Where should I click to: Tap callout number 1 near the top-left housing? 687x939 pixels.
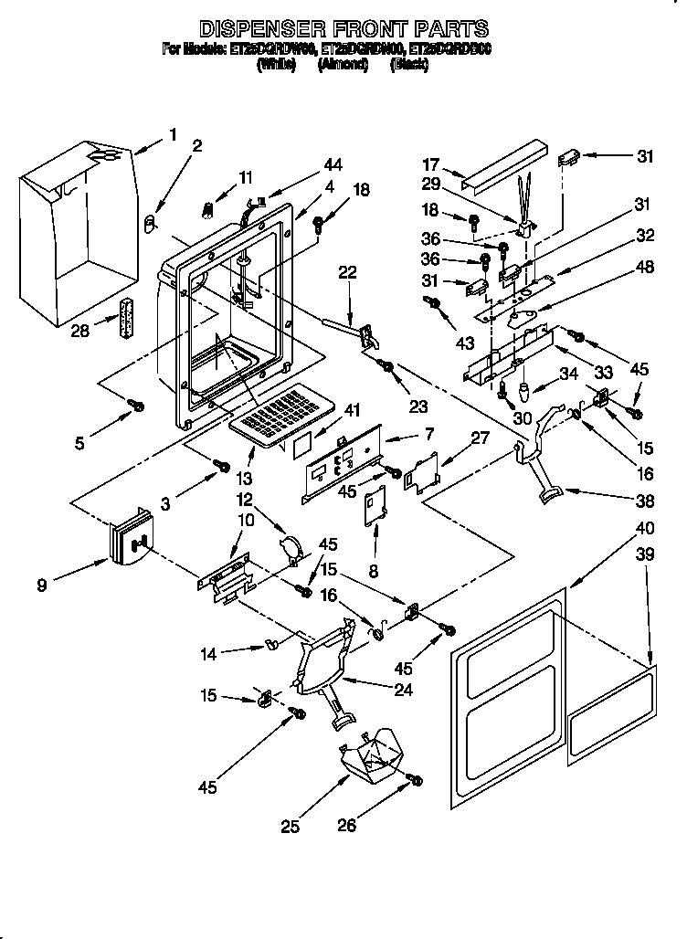click(173, 135)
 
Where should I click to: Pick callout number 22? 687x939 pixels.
click(346, 271)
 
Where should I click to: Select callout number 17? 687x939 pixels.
click(430, 164)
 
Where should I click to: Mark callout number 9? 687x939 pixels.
click(42, 586)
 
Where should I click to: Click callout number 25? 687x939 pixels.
click(290, 828)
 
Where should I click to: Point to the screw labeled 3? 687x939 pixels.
click(221, 467)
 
